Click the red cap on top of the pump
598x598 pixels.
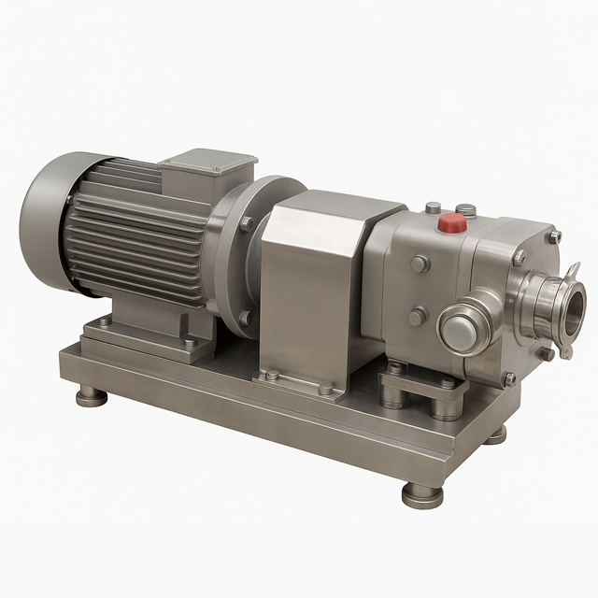[453, 223]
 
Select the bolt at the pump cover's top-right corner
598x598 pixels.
[554, 236]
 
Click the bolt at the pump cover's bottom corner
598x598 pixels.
[508, 379]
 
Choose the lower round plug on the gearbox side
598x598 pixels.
[416, 318]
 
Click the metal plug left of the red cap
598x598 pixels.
[433, 208]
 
